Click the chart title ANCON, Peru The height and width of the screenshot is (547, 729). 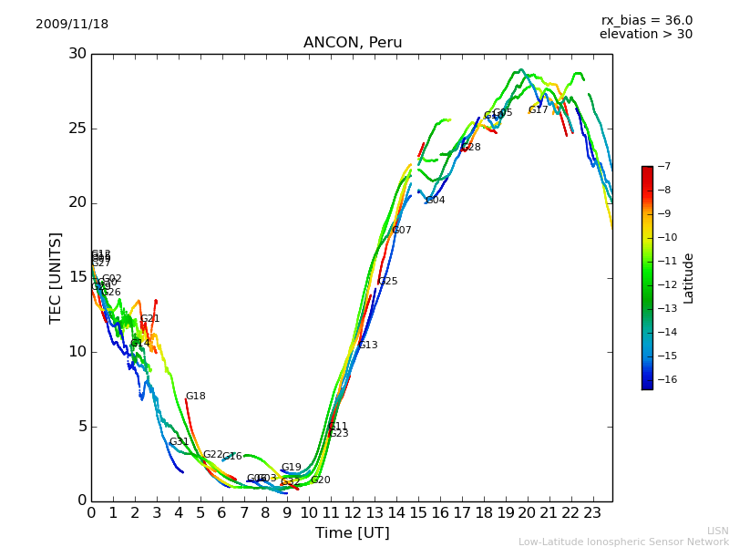point(353,43)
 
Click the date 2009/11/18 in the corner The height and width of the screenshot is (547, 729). point(72,25)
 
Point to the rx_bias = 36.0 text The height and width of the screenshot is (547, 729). point(647,20)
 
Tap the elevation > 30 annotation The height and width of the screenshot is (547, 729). point(646,35)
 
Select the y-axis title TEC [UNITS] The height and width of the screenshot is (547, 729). point(56,277)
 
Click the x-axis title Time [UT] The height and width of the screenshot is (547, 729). point(352,532)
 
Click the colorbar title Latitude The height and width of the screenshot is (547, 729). point(689,278)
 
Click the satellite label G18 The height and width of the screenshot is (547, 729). point(196,397)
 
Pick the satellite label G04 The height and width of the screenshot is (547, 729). point(436,201)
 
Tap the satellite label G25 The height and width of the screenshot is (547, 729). point(388,282)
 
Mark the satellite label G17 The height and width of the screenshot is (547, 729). point(539,110)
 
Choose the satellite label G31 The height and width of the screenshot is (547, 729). point(180,442)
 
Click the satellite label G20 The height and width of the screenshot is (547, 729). point(321,480)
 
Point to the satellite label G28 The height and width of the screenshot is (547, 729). point(471,148)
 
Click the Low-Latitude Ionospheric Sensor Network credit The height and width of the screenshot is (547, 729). point(623,542)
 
